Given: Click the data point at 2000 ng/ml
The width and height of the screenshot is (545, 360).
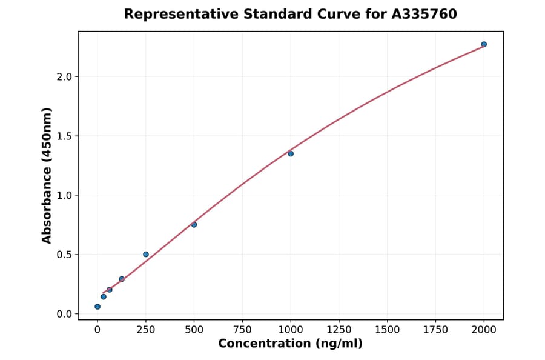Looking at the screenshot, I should pyautogui.click(x=484, y=44).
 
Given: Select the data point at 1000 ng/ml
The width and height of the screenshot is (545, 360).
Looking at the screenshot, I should pyautogui.click(x=291, y=153).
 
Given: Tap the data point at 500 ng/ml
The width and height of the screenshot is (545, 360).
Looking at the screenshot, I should pyautogui.click(x=194, y=225).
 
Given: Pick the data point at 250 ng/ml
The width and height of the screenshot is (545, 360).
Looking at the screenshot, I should pyautogui.click(x=146, y=254).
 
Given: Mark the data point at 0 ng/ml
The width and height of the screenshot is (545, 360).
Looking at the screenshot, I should pyautogui.click(x=97, y=307).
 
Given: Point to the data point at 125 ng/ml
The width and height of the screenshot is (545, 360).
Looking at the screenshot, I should pyautogui.click(x=122, y=279).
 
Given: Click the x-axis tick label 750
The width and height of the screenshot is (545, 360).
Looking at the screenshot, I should pyautogui.click(x=242, y=330).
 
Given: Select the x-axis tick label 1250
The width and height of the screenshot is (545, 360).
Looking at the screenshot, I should pyautogui.click(x=339, y=330).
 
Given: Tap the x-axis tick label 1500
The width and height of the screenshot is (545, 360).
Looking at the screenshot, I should pyautogui.click(x=388, y=330).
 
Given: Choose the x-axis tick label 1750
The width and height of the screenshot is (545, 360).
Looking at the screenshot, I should pyautogui.click(x=435, y=330).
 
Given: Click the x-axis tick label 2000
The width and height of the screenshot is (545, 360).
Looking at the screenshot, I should pyautogui.click(x=484, y=330).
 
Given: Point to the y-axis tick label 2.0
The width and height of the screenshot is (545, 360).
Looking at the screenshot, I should pyautogui.click(x=64, y=77).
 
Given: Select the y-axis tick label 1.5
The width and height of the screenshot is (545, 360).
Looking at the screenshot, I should pyautogui.click(x=64, y=136).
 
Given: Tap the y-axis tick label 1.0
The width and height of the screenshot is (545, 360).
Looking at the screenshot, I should pyautogui.click(x=64, y=195).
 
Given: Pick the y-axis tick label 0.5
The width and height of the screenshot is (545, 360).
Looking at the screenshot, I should pyautogui.click(x=64, y=255).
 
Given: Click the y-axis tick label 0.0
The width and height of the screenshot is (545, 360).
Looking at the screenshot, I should pyautogui.click(x=64, y=314).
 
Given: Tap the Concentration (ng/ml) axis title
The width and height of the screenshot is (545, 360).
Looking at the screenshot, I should pyautogui.click(x=290, y=344).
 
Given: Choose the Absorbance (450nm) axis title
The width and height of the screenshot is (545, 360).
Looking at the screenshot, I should pyautogui.click(x=47, y=175).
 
